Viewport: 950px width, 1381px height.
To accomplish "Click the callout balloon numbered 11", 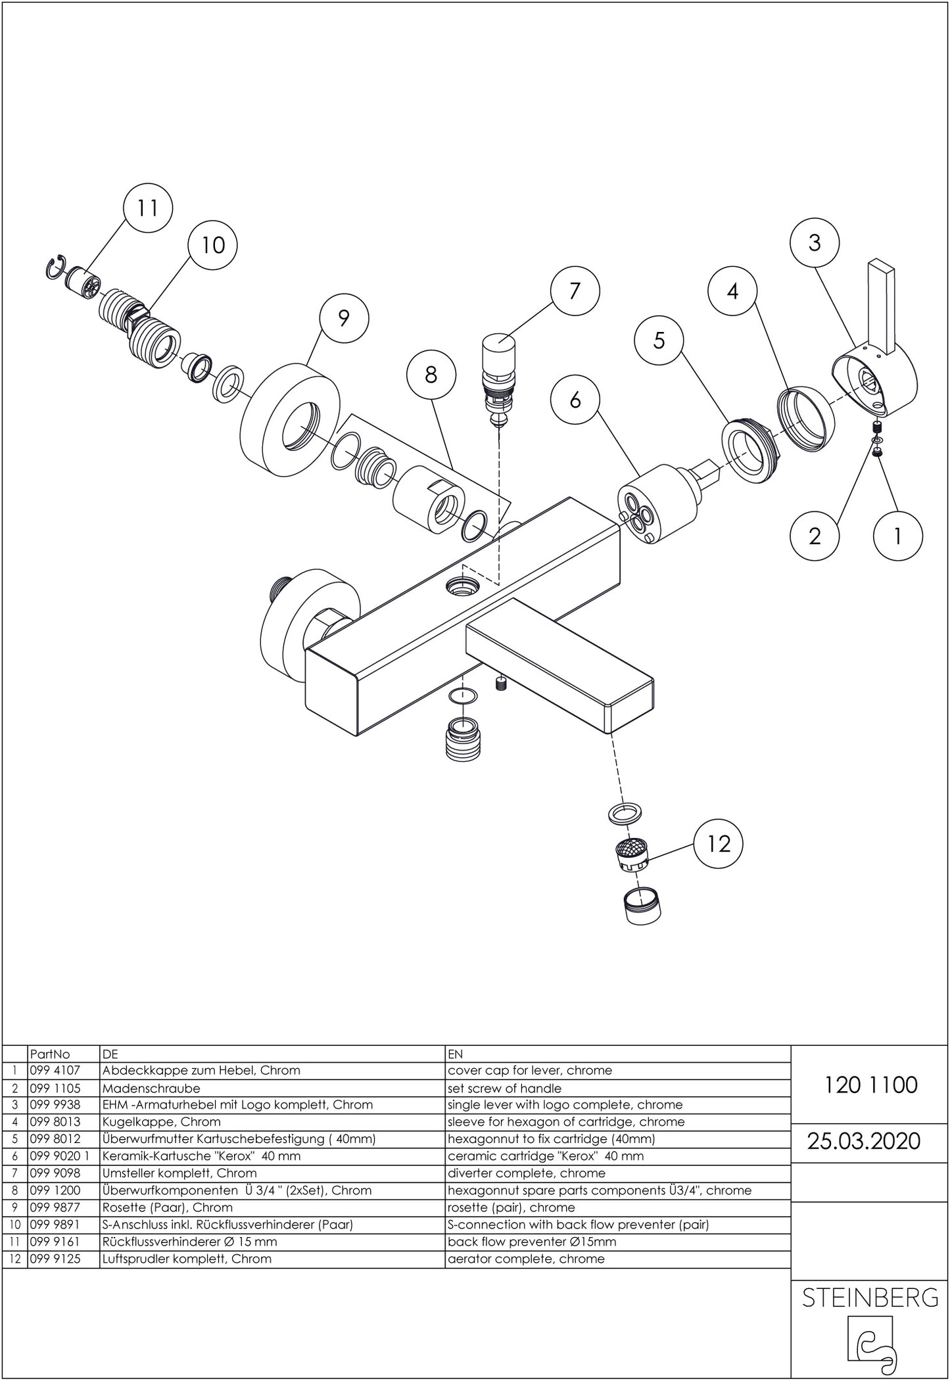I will point(148,208).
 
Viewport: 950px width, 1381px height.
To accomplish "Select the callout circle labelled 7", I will point(575,291).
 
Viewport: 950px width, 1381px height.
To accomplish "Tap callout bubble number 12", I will point(718,843).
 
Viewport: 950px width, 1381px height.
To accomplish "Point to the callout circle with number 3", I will point(815,243).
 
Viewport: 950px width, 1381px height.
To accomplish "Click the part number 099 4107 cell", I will point(55,1070).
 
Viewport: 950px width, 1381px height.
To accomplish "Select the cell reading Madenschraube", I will point(151,1088).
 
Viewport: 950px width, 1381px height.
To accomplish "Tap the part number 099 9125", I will point(55,1259).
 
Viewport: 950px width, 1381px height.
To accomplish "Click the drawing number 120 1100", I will point(870,1084).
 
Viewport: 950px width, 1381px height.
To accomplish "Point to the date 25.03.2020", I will point(864,1140).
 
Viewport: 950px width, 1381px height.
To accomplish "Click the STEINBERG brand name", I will point(870,1297).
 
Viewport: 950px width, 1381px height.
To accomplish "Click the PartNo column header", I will point(50,1054).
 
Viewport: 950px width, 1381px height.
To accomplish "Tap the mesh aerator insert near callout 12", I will point(632,854).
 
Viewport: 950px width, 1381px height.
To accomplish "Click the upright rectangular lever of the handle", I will point(881,306).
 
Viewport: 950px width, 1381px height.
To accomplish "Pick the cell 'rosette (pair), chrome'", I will point(511,1207).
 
